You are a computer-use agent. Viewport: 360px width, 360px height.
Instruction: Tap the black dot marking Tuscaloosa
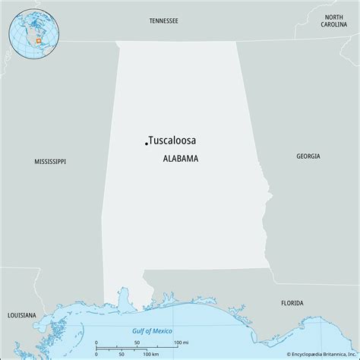coord(146,142)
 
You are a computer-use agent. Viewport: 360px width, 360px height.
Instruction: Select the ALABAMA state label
coord(181,159)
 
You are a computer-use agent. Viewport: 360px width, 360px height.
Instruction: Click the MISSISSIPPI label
coord(50,162)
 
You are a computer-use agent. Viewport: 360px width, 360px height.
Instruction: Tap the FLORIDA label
coord(292,281)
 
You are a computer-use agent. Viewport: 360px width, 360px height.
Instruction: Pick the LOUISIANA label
coord(21,292)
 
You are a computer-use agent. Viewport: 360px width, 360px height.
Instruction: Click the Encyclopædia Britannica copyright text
coord(306,353)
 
